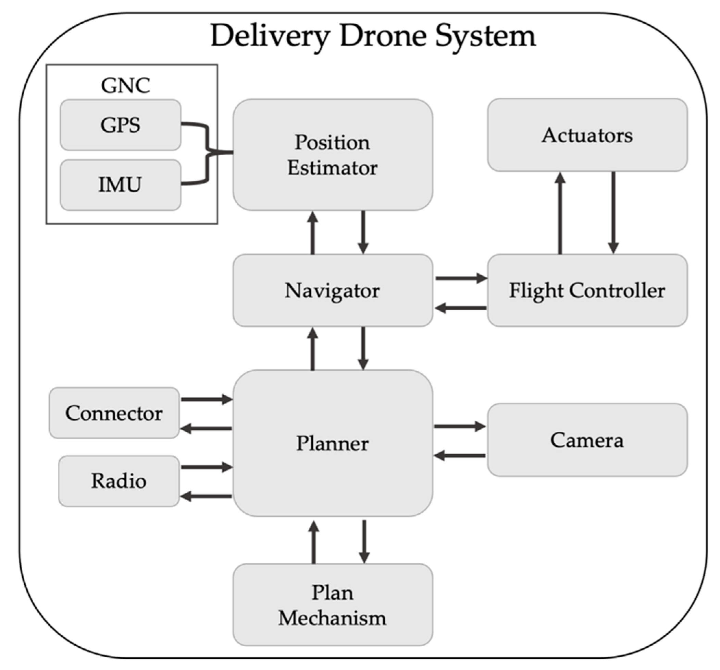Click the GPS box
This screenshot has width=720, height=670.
point(120,125)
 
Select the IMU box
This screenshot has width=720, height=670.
point(120,185)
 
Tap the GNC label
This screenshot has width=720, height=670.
point(125,86)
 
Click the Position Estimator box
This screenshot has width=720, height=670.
point(333,155)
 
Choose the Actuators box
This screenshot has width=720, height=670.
point(587,135)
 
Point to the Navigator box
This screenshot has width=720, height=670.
point(333,290)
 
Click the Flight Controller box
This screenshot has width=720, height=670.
point(587,290)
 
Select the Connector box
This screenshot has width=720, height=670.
point(114,413)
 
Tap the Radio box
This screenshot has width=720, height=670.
point(119,481)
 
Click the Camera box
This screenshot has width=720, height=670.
point(587,440)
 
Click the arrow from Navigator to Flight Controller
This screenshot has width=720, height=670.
point(461,278)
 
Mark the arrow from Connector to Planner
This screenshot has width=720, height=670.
point(207,399)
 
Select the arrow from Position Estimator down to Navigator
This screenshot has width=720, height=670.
point(363,232)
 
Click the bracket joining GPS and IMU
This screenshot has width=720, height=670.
point(208,152)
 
